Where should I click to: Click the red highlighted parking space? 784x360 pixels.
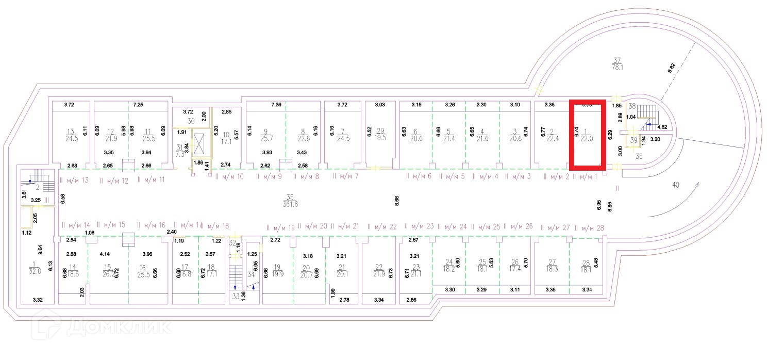coord(587,134)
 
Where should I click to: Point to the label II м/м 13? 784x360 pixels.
coord(75,180)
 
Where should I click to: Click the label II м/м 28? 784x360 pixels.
coord(589,228)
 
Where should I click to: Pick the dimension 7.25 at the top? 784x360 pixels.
coord(138,105)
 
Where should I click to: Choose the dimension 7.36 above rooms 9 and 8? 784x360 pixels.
coord(276,105)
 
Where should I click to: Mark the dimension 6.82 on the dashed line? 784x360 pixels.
coord(671,69)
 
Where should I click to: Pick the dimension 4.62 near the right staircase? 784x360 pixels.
coord(662,126)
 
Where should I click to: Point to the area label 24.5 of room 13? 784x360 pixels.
coord(71,138)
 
